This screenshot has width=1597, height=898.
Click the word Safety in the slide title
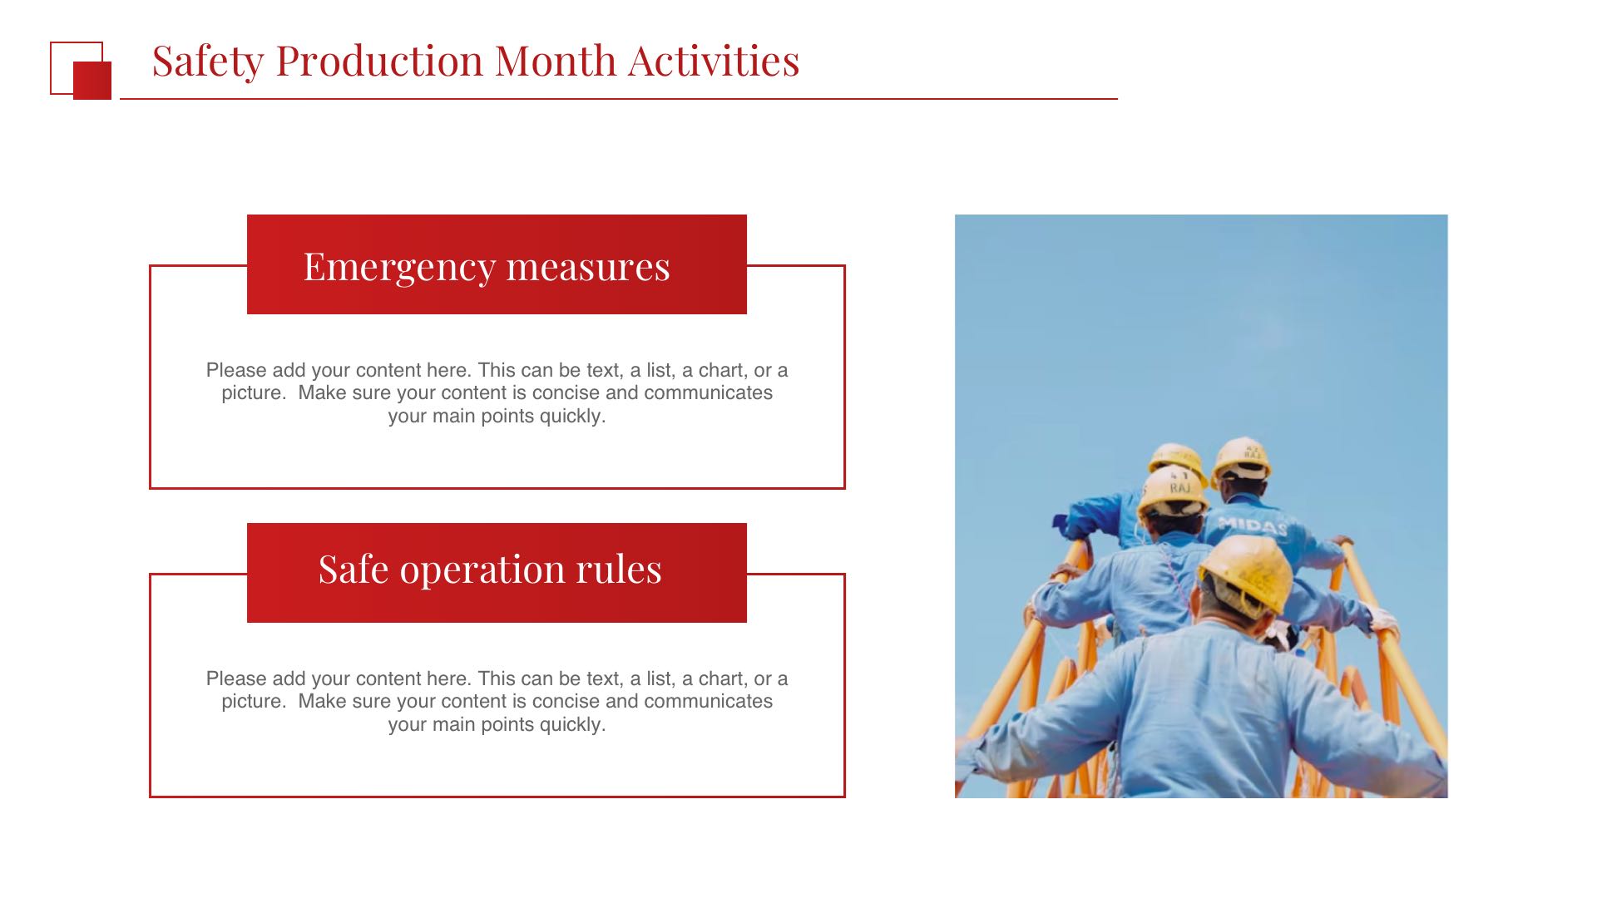[208, 62]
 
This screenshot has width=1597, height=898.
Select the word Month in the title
[556, 61]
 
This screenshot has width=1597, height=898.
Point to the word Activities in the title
[714, 61]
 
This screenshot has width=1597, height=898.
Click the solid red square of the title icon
[92, 81]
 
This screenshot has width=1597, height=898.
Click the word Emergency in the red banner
[400, 268]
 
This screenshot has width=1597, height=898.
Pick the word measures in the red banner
[588, 268]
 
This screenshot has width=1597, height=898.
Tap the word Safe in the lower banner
[354, 570]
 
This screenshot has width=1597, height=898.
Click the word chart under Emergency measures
[722, 370]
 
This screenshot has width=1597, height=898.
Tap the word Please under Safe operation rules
[236, 678]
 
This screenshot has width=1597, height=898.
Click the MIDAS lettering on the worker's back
[1252, 525]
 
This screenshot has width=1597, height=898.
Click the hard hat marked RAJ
[1174, 491]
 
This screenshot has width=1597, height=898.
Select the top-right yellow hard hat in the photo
[1242, 459]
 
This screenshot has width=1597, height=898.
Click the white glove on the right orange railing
[1384, 620]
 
